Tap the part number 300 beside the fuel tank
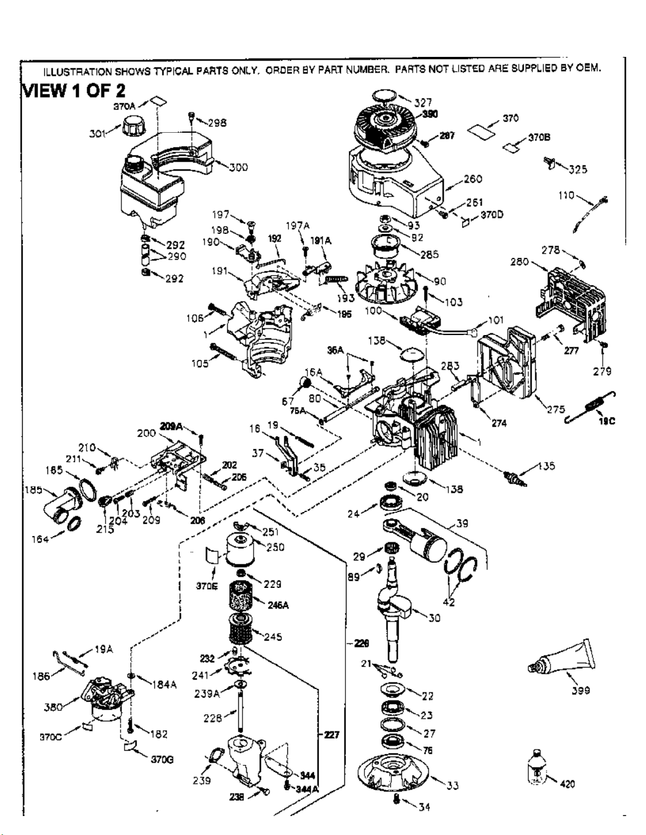point(238,168)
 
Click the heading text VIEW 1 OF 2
point(73,91)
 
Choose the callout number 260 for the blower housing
point(473,179)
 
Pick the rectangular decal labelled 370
point(482,131)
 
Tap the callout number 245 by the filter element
point(273,637)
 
